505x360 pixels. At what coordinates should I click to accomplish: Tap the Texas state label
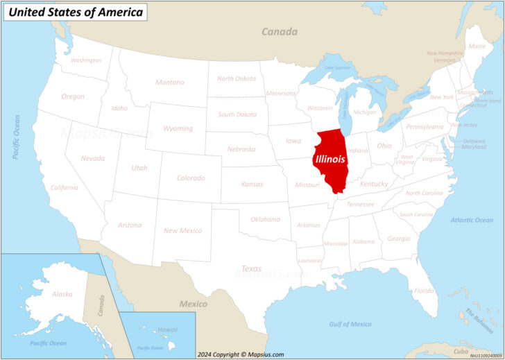[x=251, y=268]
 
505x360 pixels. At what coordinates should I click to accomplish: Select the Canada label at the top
[x=280, y=32]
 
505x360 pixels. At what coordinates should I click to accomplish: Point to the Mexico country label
[x=193, y=304]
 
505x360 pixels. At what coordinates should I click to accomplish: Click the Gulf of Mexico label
[x=350, y=324]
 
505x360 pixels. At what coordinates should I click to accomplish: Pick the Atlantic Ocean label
[x=471, y=220]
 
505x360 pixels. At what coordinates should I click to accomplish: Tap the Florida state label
[x=424, y=291]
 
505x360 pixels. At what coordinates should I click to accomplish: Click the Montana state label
[x=170, y=83]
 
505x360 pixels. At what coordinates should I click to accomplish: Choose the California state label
[x=65, y=187]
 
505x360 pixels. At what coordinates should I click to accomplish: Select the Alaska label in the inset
[x=62, y=294]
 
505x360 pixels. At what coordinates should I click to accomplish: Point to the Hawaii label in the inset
[x=167, y=329]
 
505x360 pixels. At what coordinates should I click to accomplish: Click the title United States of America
[x=76, y=12]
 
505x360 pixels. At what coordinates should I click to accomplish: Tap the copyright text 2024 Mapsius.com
[x=240, y=354]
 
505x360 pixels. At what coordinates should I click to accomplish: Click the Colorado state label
[x=191, y=178]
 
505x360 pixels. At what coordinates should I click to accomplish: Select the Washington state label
[x=86, y=60]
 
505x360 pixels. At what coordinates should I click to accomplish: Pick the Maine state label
[x=477, y=46]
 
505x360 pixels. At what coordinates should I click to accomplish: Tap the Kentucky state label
[x=374, y=184]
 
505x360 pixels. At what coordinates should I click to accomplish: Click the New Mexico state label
[x=182, y=231]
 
